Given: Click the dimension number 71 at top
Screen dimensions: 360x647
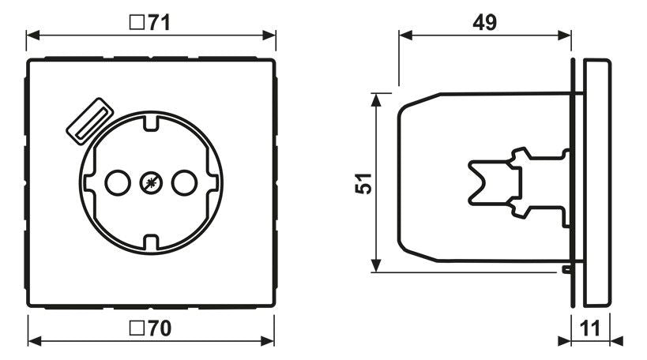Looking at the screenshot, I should (159, 22).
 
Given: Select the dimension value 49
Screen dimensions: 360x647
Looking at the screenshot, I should (484, 22).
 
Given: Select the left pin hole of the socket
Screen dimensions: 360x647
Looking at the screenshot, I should (115, 183).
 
